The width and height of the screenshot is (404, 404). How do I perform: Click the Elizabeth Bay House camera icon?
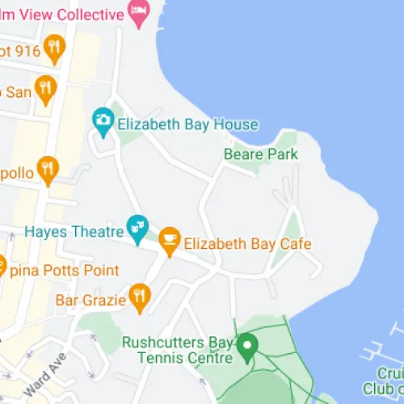[102, 121]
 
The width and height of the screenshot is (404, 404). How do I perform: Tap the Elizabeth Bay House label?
[187, 124]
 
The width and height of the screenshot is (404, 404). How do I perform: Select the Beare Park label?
[260, 154]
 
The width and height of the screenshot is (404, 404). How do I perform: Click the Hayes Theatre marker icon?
[137, 224]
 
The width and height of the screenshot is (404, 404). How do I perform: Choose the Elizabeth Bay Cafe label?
[247, 243]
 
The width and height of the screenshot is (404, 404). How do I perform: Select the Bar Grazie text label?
[90, 300]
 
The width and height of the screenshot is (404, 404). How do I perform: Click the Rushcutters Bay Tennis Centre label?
[177, 349]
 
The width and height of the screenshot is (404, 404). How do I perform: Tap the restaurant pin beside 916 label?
[54, 48]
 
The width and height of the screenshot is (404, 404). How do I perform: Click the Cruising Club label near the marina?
[389, 380]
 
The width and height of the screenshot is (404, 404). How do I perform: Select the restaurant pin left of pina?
[2, 265]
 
